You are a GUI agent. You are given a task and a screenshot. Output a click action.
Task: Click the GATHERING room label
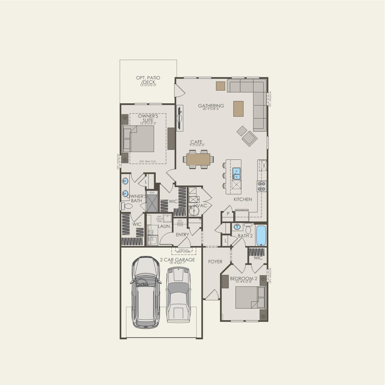pyautogui.click(x=211, y=106)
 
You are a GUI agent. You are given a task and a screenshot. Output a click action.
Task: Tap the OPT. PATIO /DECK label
pyautogui.click(x=148, y=80)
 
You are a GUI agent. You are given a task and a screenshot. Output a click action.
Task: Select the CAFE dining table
pyautogui.click(x=198, y=159)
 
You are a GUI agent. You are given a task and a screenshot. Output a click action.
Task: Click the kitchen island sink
pyautogui.click(x=236, y=173)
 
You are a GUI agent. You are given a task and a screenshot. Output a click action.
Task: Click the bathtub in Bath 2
pyautogui.click(x=261, y=235)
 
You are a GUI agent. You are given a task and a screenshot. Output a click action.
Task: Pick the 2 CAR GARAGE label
pyautogui.click(x=177, y=260)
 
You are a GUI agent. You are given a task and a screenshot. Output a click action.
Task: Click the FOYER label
pyautogui.click(x=215, y=262)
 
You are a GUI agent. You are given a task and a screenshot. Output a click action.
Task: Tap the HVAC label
pyautogui.click(x=200, y=205)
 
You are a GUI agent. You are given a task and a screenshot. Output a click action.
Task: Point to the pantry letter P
pyautogui.click(x=228, y=214)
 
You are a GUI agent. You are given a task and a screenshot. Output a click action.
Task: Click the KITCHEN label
pyautogui.click(x=243, y=199)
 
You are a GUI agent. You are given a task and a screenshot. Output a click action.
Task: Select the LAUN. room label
pyautogui.click(x=164, y=226)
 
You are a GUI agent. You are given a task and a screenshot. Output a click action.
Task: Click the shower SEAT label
pyautogui.click(x=152, y=193)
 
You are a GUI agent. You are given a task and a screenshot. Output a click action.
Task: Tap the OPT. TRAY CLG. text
pyautogui.click(x=148, y=161)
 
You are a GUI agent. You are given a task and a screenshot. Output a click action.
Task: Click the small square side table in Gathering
pyautogui.click(x=221, y=86)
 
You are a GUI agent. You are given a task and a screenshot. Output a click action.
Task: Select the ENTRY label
pyautogui.click(x=182, y=235)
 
